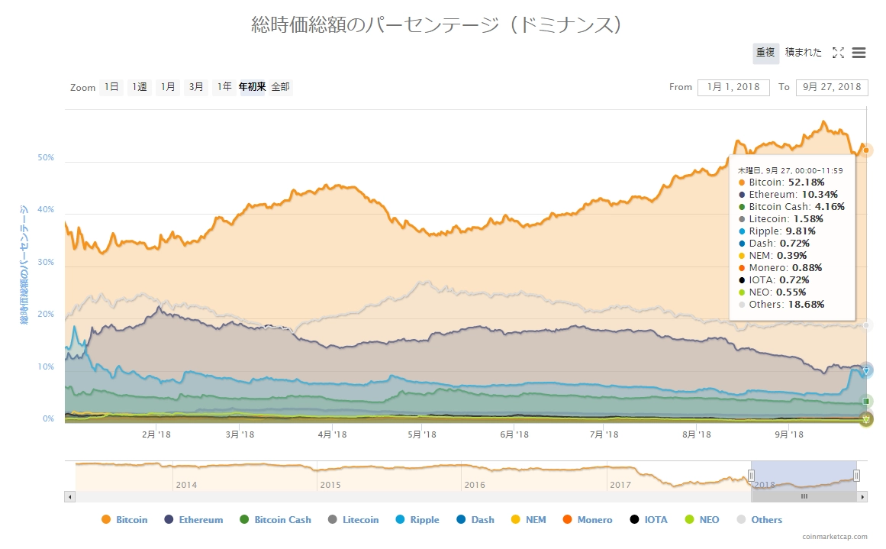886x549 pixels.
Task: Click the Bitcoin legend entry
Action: coord(124,520)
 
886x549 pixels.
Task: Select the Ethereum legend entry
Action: coord(194,520)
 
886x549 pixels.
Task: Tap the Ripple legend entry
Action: coord(417,520)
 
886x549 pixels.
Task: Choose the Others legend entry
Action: coord(759,520)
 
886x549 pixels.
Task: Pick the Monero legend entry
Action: coord(587,520)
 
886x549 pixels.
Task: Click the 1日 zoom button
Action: coord(111,87)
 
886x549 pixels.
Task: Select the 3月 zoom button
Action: coord(196,87)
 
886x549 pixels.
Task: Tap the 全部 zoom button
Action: coord(280,87)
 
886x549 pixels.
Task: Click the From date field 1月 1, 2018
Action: coord(733,87)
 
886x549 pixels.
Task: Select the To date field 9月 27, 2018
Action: coord(832,87)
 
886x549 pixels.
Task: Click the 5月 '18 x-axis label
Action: coord(422,434)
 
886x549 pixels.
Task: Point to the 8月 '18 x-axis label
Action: coord(696,434)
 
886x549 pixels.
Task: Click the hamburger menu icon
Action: coord(859,53)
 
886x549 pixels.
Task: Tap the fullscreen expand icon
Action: coord(838,53)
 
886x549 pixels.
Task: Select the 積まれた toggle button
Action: coord(804,53)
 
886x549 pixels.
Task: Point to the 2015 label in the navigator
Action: coord(330,485)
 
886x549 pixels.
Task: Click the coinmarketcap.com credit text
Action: coord(835,537)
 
